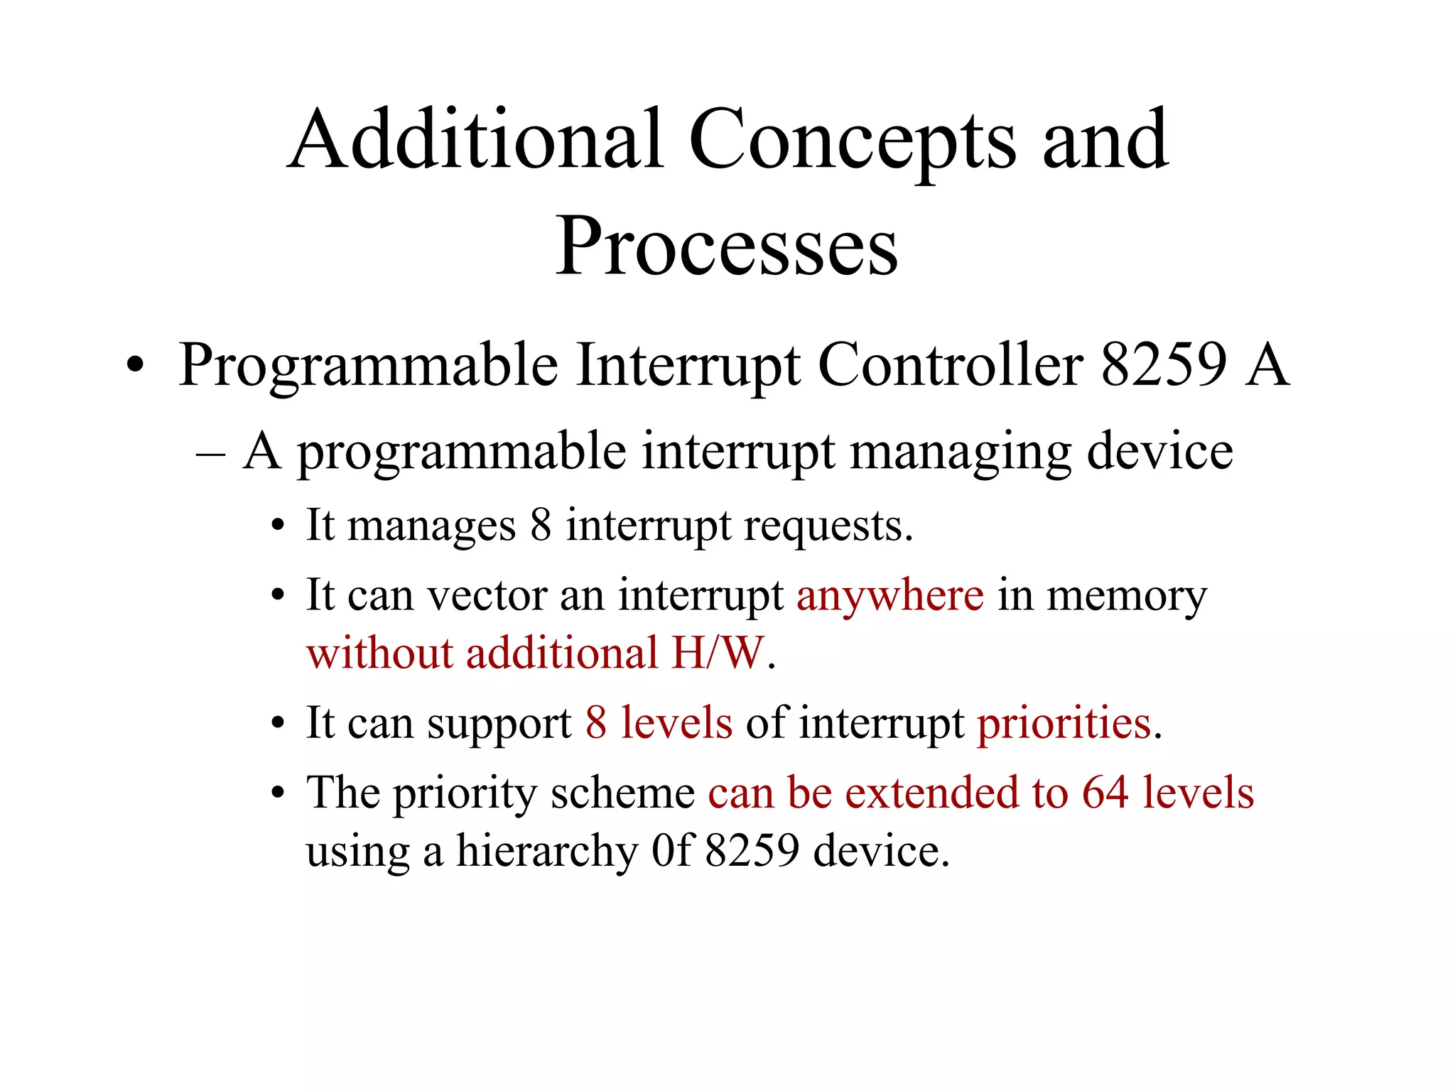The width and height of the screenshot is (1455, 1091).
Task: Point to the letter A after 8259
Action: (x=1267, y=365)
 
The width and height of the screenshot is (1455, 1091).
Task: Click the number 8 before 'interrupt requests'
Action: (x=541, y=526)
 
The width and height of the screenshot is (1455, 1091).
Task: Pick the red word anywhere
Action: (x=890, y=596)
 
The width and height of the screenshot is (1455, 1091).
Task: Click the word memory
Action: (x=1127, y=596)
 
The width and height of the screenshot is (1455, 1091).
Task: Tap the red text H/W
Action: (x=718, y=653)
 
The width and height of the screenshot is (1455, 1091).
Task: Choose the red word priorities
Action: (x=1064, y=724)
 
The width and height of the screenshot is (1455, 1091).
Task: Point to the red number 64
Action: (x=1105, y=793)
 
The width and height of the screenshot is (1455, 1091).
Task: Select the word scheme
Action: (x=622, y=793)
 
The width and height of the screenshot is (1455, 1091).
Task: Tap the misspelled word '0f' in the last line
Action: (x=671, y=850)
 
